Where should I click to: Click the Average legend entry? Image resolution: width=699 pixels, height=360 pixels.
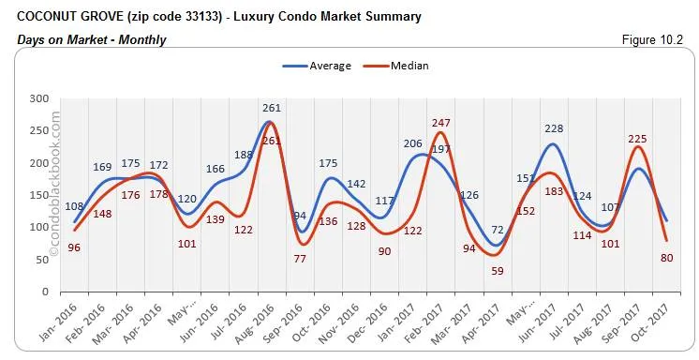coord(317,66)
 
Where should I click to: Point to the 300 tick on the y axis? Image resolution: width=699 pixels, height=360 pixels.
coord(38,98)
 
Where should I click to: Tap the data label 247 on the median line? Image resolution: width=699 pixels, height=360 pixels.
coord(441,123)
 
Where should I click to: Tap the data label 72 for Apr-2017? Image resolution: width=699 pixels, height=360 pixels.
coord(498,230)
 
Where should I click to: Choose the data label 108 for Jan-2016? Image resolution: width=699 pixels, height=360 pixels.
coord(74,206)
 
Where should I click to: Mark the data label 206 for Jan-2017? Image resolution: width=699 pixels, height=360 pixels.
coord(413,143)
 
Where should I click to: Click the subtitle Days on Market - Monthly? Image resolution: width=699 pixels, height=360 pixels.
coord(92,39)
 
